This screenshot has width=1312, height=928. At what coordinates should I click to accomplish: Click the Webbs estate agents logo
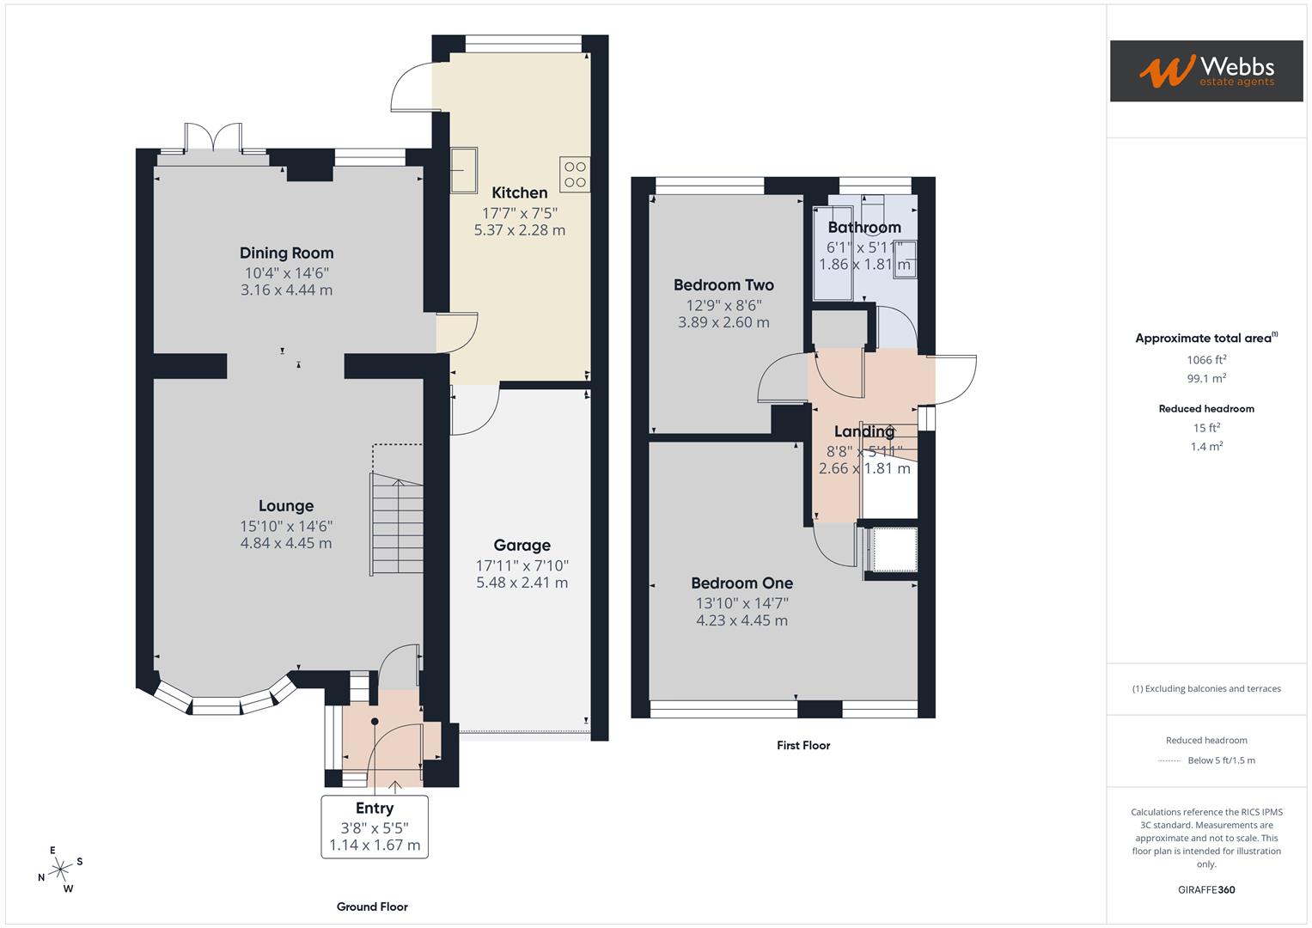click(x=1205, y=71)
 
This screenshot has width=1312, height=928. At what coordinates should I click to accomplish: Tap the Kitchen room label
click(x=519, y=192)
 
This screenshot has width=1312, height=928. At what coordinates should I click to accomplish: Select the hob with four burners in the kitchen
click(x=575, y=174)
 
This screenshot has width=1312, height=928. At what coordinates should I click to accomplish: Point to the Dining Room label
click(x=286, y=253)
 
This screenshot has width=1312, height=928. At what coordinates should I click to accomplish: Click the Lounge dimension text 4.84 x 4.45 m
click(x=286, y=543)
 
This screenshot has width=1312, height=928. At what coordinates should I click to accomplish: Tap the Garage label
click(x=522, y=545)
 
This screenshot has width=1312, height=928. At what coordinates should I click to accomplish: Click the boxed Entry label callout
click(x=375, y=826)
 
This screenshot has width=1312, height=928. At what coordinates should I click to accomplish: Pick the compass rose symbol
click(x=60, y=870)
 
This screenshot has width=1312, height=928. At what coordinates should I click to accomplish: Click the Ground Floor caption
click(x=372, y=907)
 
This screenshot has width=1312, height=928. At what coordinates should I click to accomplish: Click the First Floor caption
click(x=803, y=745)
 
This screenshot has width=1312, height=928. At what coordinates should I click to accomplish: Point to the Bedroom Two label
click(x=723, y=284)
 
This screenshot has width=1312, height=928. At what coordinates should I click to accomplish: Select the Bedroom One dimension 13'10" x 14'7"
click(x=741, y=602)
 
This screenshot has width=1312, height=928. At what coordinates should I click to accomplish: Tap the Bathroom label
click(x=864, y=227)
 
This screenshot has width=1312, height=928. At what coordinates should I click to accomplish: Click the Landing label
click(x=864, y=431)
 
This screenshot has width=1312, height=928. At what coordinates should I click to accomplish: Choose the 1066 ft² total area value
click(x=1206, y=360)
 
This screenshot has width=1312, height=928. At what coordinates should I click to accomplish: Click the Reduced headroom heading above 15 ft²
click(x=1206, y=408)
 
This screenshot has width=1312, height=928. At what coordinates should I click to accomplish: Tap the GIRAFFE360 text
click(x=1206, y=889)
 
